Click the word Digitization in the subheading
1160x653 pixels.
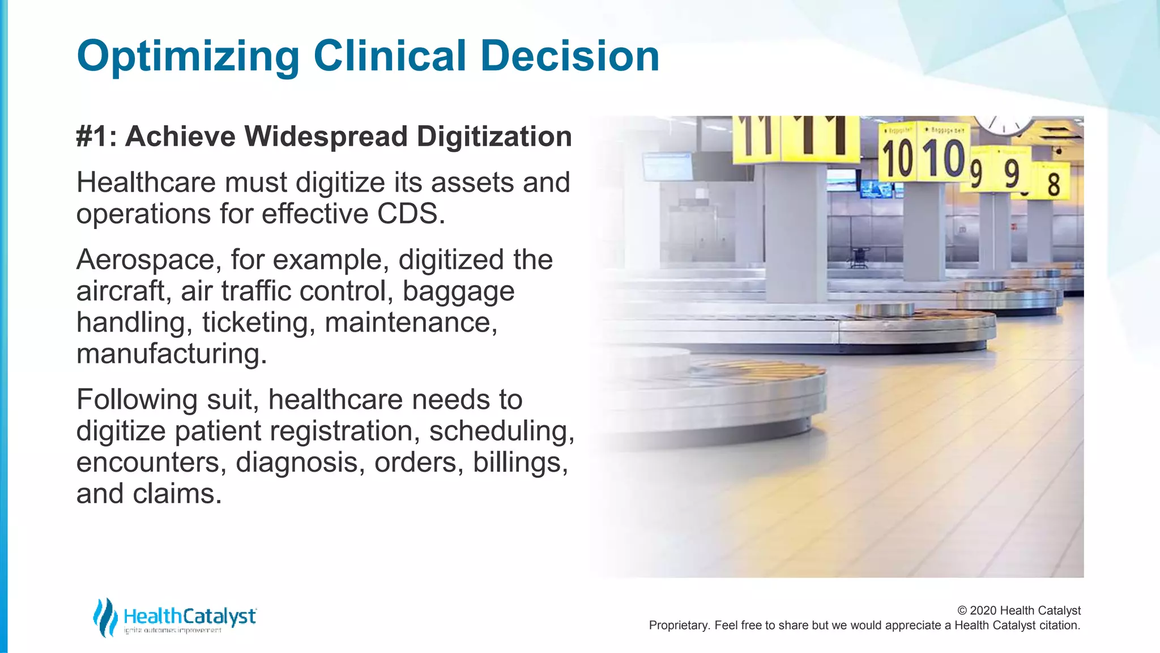[494, 137]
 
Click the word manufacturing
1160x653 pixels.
[170, 354]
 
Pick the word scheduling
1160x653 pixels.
[501, 431]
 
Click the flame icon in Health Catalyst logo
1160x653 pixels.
[105, 617]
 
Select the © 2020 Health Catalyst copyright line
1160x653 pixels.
[1018, 610]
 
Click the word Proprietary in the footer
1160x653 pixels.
[679, 625]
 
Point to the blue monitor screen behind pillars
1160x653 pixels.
[876, 189]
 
